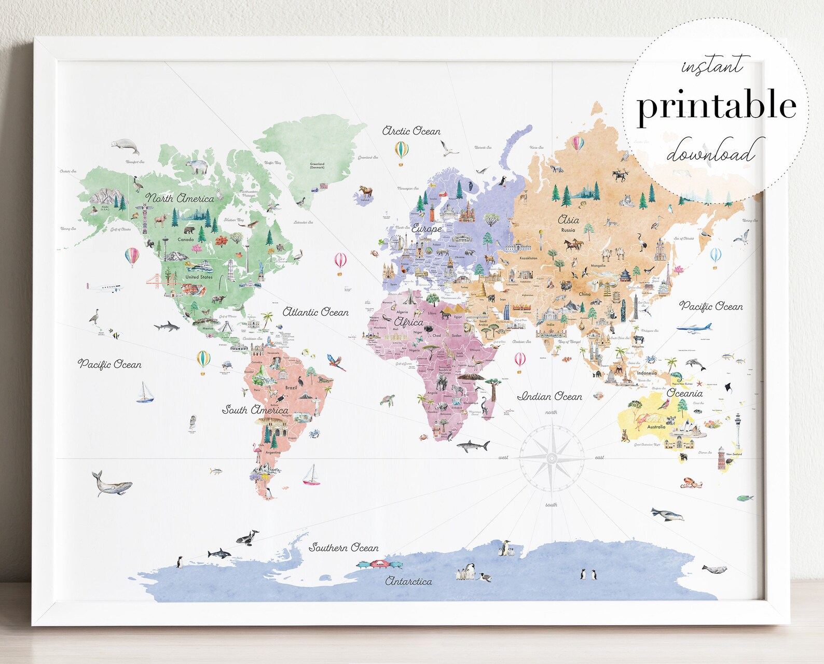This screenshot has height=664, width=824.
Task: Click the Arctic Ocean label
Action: click(x=411, y=131)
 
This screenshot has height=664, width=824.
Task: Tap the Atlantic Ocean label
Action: click(x=315, y=312)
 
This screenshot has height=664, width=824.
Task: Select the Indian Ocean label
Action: click(x=550, y=397)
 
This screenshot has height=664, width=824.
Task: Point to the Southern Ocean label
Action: click(x=344, y=547)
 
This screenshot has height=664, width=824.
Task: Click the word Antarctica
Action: click(x=408, y=582)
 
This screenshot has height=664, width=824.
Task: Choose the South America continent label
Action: click(x=255, y=410)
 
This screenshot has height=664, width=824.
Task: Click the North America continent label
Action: click(x=180, y=198)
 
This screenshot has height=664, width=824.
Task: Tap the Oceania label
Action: click(x=684, y=393)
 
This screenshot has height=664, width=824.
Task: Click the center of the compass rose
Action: click(x=552, y=458)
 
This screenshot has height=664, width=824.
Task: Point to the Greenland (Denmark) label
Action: click(x=317, y=166)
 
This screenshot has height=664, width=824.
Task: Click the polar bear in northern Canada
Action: click(x=197, y=166)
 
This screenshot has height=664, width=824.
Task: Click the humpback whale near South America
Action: click(x=111, y=484)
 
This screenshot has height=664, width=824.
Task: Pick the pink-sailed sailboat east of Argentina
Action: click(x=312, y=475)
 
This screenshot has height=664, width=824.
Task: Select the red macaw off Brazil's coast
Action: click(x=336, y=362)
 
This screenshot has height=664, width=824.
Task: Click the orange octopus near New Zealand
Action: click(x=691, y=483)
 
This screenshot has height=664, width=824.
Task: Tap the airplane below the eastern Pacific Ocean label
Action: click(x=694, y=328)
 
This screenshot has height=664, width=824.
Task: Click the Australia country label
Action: click(x=656, y=427)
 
